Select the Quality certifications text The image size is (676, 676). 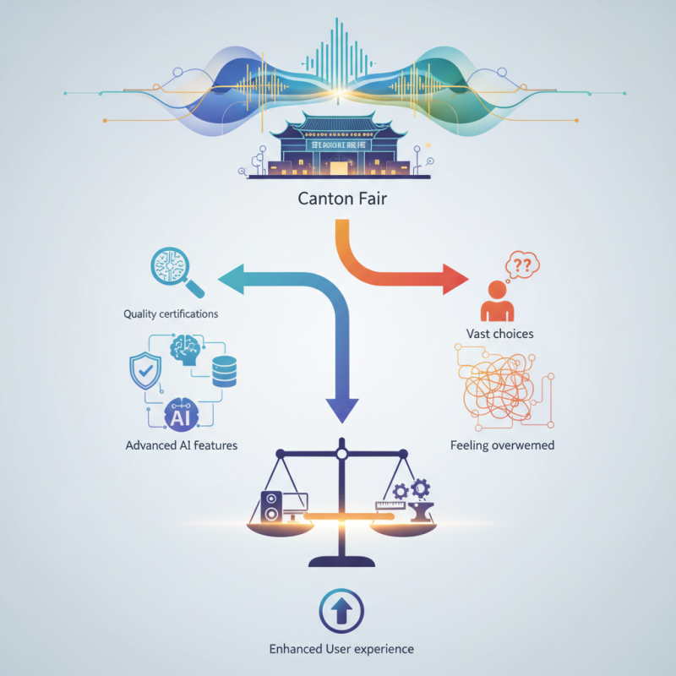(171, 313)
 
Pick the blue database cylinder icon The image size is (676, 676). (225, 371)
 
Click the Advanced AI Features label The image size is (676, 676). (181, 445)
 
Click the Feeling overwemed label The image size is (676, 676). (502, 444)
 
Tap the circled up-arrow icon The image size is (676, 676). (341, 609)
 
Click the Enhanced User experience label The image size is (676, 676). (341, 649)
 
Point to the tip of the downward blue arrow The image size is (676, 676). (341, 417)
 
